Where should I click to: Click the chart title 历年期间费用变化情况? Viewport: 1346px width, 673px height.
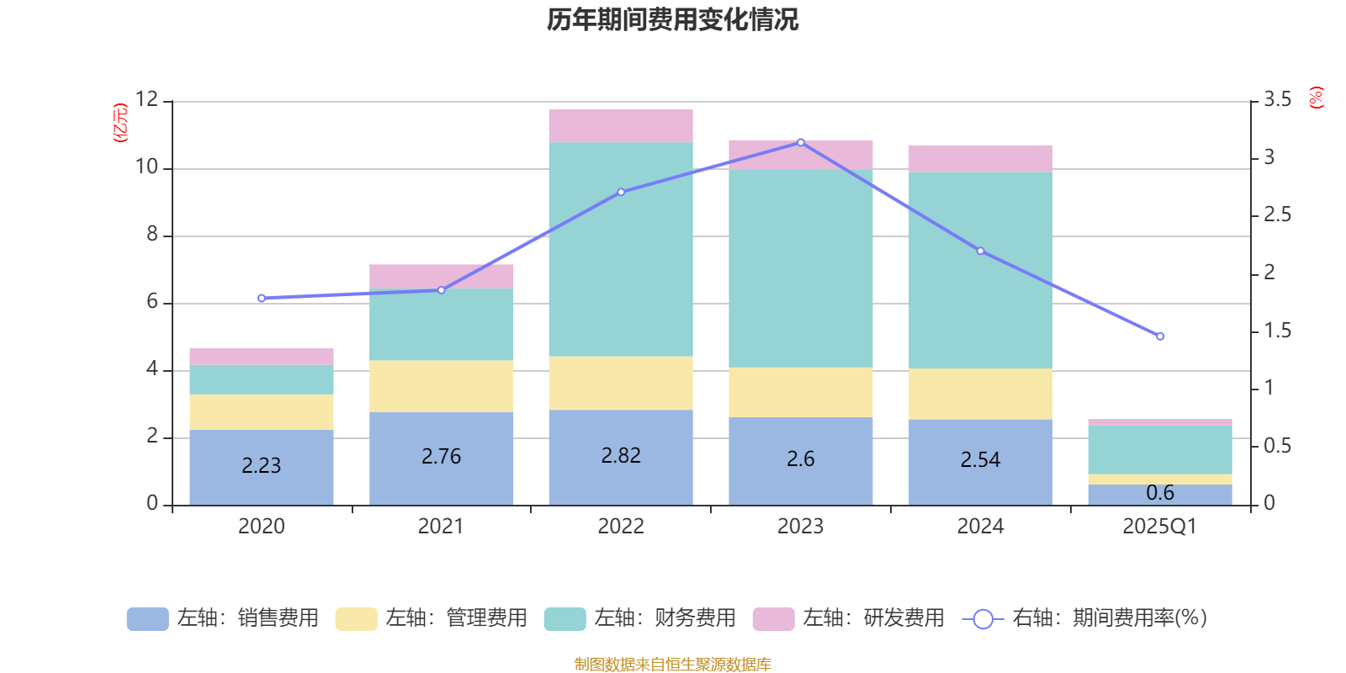point(672,19)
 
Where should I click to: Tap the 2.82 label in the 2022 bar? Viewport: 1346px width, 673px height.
point(621,456)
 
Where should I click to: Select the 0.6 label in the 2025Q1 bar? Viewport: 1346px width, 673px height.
point(1160,493)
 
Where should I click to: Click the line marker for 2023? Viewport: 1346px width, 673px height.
point(800,142)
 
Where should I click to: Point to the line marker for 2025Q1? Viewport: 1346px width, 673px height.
point(1160,336)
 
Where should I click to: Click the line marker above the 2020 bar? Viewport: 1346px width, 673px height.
point(262,299)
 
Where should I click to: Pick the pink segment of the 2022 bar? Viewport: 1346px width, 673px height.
point(621,126)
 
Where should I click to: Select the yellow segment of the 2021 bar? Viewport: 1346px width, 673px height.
point(442,386)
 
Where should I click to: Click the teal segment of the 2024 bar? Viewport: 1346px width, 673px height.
point(980,270)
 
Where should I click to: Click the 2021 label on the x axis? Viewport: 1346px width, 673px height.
point(441,527)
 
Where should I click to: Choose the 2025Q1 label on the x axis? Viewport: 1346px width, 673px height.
point(1159,527)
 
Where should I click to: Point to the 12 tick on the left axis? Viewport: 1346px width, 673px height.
point(146,99)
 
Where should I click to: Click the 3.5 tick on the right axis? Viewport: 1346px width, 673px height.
point(1277,100)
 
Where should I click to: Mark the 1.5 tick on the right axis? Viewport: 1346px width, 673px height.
point(1277,331)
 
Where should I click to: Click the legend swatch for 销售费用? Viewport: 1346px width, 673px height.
point(147,619)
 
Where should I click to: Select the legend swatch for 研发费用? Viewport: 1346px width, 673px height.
point(773,619)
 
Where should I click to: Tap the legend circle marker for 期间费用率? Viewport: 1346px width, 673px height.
point(983,619)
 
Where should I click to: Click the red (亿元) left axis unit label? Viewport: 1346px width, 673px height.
point(120,123)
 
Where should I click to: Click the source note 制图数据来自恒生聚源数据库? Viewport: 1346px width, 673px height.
point(672,665)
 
